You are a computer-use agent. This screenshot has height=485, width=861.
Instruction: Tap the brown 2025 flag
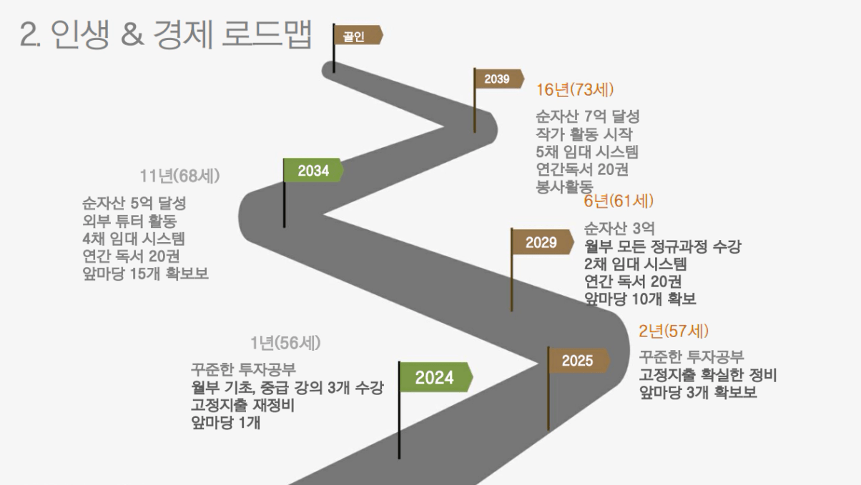(579, 361)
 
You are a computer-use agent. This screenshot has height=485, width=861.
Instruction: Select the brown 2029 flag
(542, 242)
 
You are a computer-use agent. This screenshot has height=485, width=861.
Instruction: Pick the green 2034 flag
(313, 170)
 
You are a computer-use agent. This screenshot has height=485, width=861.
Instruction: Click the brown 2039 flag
(498, 79)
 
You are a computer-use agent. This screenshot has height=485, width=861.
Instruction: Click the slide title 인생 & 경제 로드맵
(182, 34)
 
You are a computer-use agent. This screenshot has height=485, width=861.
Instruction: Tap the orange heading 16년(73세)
(575, 90)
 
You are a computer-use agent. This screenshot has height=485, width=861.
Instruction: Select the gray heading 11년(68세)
(179, 176)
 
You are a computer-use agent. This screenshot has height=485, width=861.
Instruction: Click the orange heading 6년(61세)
(619, 201)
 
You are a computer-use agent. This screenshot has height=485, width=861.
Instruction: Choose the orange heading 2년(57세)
(674, 331)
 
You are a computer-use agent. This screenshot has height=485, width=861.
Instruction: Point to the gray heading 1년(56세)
(285, 343)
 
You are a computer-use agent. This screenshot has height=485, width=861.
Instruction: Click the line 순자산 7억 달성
(588, 116)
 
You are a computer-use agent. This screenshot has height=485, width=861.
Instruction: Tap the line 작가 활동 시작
(584, 134)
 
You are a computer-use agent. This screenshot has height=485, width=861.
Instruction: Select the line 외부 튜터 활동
(129, 221)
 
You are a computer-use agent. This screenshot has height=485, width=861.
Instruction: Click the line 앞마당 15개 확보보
(145, 274)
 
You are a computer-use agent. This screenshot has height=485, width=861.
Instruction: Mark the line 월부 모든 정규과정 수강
(662, 246)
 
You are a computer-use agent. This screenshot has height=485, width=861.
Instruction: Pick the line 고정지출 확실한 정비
(708, 375)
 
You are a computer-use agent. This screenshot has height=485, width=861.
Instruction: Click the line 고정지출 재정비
(242, 405)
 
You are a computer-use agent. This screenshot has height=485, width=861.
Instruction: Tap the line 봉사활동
(565, 187)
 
